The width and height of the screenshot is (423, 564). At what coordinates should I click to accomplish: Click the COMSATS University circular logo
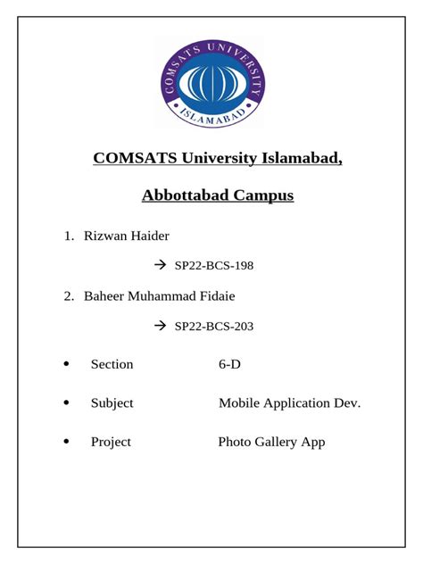211,83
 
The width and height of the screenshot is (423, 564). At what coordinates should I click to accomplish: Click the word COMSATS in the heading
135,159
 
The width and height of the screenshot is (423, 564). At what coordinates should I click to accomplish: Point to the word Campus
264,195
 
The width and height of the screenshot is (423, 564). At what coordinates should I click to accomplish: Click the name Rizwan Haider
126,236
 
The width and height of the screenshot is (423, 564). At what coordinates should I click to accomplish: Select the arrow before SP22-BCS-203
161,327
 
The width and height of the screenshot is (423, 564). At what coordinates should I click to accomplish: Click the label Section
112,364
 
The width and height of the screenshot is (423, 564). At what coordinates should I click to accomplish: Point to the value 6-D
229,364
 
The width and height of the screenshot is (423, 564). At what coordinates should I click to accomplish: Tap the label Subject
112,403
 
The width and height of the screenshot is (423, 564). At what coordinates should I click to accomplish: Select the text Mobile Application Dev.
289,403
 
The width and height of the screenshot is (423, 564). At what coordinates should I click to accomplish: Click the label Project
111,442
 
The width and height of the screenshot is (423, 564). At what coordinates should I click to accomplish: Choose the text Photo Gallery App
271,442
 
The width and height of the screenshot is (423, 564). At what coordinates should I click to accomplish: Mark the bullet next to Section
66,364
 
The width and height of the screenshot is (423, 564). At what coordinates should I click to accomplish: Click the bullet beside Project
66,442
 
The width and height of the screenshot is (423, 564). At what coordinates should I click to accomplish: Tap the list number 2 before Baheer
68,295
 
